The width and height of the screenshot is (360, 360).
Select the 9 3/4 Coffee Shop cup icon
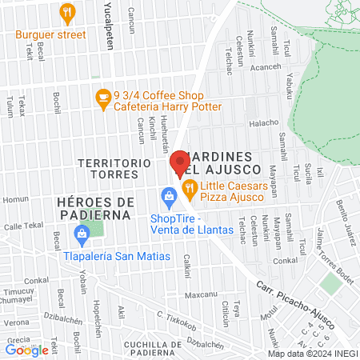(102, 98)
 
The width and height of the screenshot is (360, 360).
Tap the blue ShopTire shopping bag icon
(169, 195)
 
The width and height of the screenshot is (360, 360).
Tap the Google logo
(26, 350)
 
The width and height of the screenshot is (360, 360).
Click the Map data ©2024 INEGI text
(312, 354)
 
